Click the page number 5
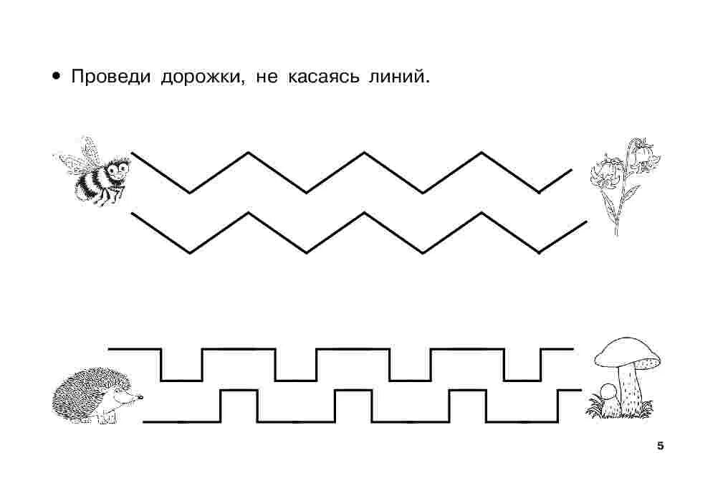point(660,446)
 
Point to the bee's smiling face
point(118,169)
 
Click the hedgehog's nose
point(140,396)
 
